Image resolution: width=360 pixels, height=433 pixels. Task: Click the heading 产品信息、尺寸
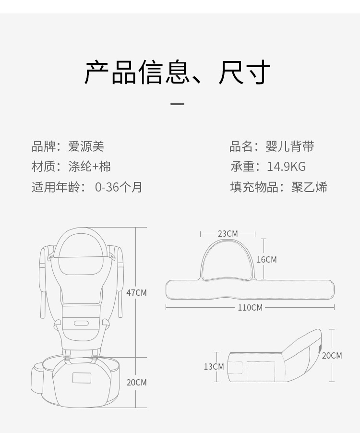pyautogui.click(x=177, y=72)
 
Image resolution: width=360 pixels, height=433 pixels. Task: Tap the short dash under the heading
pyautogui.click(x=177, y=104)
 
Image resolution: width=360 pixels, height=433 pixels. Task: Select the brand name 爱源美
pyautogui.click(x=86, y=146)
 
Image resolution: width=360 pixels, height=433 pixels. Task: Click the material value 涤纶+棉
pyautogui.click(x=89, y=167)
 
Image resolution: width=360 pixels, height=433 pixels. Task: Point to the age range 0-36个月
pyautogui.click(x=119, y=187)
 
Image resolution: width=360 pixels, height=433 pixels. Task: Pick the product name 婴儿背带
pyautogui.click(x=290, y=146)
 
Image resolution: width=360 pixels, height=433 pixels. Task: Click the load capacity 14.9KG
pyautogui.click(x=286, y=167)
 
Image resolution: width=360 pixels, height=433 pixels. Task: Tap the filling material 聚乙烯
pyautogui.click(x=309, y=187)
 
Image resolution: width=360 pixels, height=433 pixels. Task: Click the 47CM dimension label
pyautogui.click(x=137, y=292)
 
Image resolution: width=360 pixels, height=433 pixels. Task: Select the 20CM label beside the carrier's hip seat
pyautogui.click(x=137, y=383)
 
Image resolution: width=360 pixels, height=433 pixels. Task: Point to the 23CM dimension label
pyautogui.click(x=228, y=234)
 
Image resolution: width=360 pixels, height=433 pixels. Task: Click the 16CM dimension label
pyautogui.click(x=267, y=260)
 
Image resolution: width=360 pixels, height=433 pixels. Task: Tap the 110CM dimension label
pyautogui.click(x=250, y=307)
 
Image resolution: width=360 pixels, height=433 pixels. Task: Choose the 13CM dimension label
pyautogui.click(x=214, y=367)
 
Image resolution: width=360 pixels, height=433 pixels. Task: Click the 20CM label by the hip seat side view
pyautogui.click(x=332, y=355)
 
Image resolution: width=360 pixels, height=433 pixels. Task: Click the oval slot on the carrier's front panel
pyautogui.click(x=81, y=323)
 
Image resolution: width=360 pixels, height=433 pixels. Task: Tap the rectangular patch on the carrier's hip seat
pyautogui.click(x=82, y=378)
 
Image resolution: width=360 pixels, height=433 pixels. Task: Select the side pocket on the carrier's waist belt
pyautogui.click(x=37, y=379)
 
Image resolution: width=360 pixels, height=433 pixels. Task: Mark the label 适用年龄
pyautogui.click(x=56, y=187)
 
